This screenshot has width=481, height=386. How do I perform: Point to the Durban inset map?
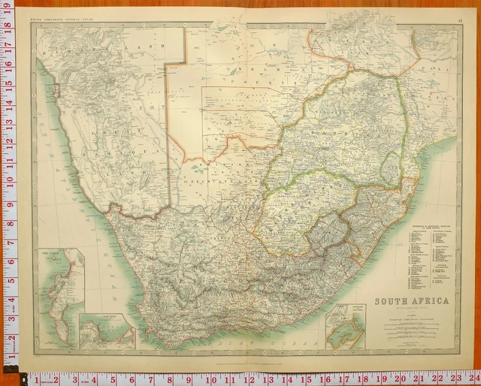click(346, 326)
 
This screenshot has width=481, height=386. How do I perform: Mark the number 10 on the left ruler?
click(8, 181)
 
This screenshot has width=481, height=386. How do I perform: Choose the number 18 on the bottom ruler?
click(362, 378)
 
